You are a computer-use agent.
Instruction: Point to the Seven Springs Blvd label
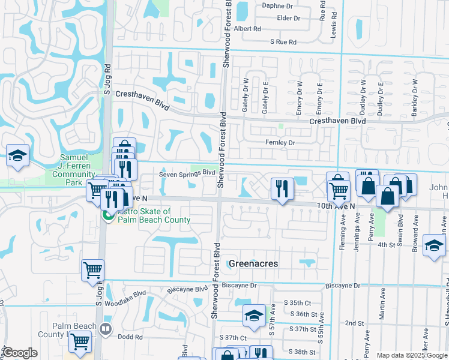(x=187, y=174)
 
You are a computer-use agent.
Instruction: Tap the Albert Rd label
(x=248, y=28)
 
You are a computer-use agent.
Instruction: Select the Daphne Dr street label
(x=276, y=6)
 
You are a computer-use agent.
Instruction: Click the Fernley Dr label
(x=280, y=143)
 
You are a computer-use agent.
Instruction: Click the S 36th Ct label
(x=303, y=314)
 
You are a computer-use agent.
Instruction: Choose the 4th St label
(x=385, y=245)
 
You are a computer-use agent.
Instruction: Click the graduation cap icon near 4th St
(x=434, y=245)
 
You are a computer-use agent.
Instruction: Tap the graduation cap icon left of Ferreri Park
(x=18, y=156)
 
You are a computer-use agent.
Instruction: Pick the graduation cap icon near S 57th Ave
(x=254, y=316)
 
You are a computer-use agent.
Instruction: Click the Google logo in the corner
(x=20, y=353)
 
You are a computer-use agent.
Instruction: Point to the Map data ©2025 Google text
(x=412, y=355)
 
